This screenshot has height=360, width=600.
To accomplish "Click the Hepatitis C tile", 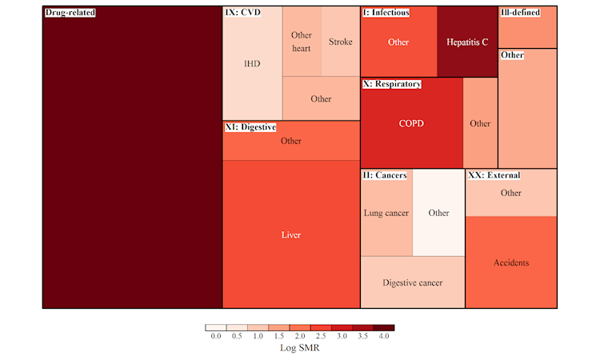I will pyautogui.click(x=468, y=42).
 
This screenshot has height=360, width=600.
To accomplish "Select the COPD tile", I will pyautogui.click(x=411, y=123).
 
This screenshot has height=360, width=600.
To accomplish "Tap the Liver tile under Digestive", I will pyautogui.click(x=291, y=234).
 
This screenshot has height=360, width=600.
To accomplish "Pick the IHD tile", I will pyautogui.click(x=252, y=64).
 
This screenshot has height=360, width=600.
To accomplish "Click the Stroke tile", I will pyautogui.click(x=340, y=42).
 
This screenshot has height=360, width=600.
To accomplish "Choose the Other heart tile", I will pyautogui.click(x=302, y=42).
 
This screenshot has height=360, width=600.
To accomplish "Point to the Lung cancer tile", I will pyautogui.click(x=386, y=213).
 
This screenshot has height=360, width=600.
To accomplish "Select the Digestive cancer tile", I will pyautogui.click(x=412, y=282).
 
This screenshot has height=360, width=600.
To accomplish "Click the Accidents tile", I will pyautogui.click(x=511, y=262).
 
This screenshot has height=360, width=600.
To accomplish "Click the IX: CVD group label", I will pyautogui.click(x=242, y=14).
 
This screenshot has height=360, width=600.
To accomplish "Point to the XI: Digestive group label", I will pyautogui.click(x=250, y=127).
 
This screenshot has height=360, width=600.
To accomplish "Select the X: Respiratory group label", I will pyautogui.click(x=392, y=84).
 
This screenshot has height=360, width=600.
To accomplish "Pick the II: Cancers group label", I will pyautogui.click(x=385, y=175).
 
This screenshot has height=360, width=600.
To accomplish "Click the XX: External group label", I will pyautogui.click(x=494, y=175).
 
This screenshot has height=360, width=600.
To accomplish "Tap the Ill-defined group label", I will pyautogui.click(x=519, y=14).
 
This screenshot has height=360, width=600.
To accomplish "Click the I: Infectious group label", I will pyautogui.click(x=386, y=14).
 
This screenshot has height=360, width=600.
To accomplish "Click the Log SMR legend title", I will pyautogui.click(x=300, y=349).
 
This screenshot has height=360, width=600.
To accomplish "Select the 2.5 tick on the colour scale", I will pyautogui.click(x=321, y=338).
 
